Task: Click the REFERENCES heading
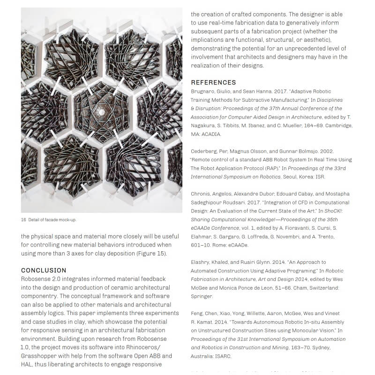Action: click(x=213, y=82)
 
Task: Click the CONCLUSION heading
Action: click(x=44, y=270)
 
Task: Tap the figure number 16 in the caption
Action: click(x=23, y=220)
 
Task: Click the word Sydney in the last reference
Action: click(x=320, y=347)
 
